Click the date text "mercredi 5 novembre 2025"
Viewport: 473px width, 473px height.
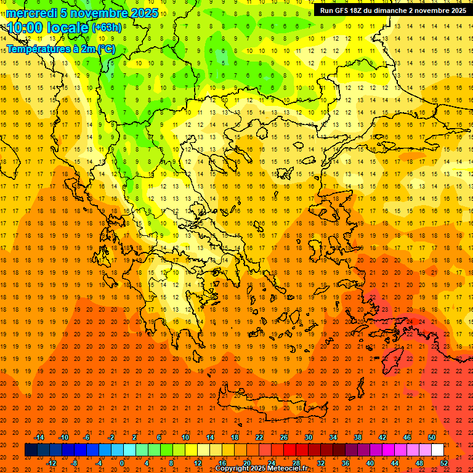click(83, 13)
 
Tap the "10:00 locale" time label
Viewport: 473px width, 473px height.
click(48, 28)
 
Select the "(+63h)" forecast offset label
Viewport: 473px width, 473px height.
click(107, 28)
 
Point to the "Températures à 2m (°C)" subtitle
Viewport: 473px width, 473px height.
click(61, 49)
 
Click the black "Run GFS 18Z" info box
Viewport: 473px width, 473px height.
click(392, 10)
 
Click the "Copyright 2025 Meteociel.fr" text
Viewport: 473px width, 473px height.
click(261, 469)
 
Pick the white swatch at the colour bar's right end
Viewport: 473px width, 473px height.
click(437, 450)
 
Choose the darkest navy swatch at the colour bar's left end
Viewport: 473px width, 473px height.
click(31, 450)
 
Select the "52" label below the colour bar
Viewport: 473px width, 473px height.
click(444, 463)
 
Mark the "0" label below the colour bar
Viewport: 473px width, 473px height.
click(122, 463)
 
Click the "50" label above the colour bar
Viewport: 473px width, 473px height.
click(432, 437)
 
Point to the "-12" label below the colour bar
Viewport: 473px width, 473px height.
click(51, 463)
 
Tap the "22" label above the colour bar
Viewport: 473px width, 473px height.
click(259, 437)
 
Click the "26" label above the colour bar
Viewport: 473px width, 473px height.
click(284, 437)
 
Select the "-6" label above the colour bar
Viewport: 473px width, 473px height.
click(87, 437)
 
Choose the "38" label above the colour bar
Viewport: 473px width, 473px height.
click(358, 437)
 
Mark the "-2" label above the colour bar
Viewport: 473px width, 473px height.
click(111, 437)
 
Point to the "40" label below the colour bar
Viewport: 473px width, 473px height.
click(370, 463)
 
